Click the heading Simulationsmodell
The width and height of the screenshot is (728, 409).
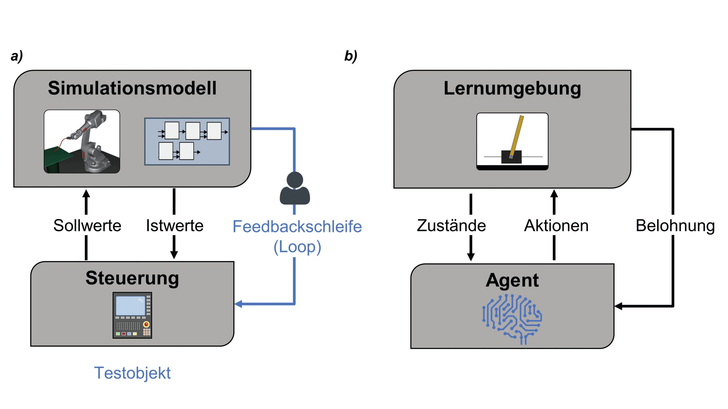click(132, 88)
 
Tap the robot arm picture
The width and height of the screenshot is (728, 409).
click(82, 141)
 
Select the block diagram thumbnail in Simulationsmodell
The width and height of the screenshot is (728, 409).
click(187, 141)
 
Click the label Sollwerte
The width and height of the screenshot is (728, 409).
click(87, 226)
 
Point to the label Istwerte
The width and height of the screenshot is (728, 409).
click(175, 226)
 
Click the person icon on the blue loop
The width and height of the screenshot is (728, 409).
click(295, 189)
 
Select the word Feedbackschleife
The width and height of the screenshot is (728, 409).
click(297, 227)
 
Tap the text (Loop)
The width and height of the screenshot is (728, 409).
click(297, 247)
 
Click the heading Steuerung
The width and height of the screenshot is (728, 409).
click(132, 278)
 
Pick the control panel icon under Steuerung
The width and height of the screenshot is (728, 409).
click(132, 315)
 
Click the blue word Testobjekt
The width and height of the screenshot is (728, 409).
click(132, 373)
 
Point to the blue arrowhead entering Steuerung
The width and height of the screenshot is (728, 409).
click(238, 304)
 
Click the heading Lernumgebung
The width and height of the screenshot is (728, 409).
click(512, 89)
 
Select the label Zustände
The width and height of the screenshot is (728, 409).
click(451, 226)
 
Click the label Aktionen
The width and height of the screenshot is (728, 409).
click(556, 226)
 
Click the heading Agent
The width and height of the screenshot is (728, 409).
click(512, 280)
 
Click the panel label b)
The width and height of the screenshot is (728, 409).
click(351, 56)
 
